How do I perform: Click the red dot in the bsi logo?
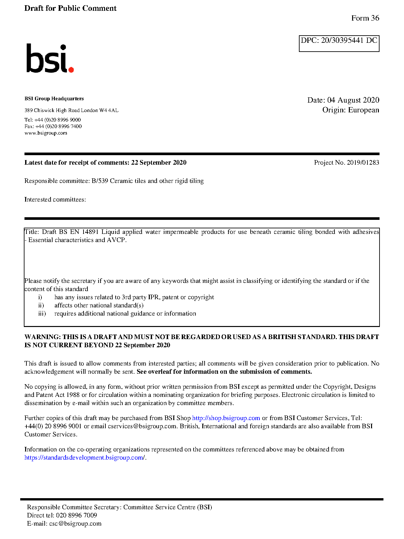[71, 69]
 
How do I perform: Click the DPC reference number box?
[339, 43]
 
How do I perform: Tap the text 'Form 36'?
[365, 18]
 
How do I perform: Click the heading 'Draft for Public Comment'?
[70, 8]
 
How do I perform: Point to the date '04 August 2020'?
[353, 100]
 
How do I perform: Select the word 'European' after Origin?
[364, 110]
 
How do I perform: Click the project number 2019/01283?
[363, 163]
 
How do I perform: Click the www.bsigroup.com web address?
[46, 133]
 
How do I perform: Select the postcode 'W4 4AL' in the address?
[109, 110]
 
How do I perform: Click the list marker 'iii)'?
[42, 314]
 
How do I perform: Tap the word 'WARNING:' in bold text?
[42, 337]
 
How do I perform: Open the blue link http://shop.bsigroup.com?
[226, 418]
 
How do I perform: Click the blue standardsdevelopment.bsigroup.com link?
[85, 458]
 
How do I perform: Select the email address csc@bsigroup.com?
[75, 524]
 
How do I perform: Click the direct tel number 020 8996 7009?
[76, 515]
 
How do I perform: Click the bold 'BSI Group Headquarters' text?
[54, 99]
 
